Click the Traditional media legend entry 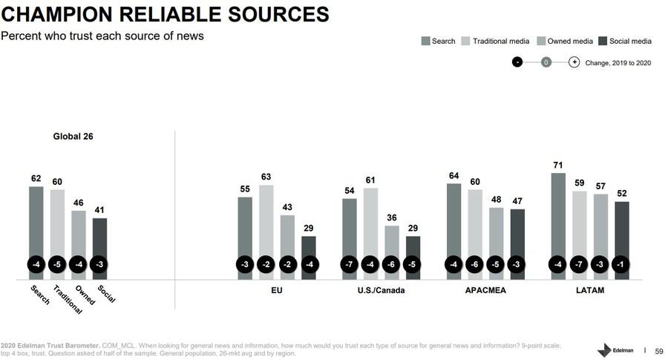[497, 41]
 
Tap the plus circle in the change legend [574, 62]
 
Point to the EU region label [277, 291]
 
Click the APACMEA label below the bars [485, 291]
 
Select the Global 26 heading [72, 137]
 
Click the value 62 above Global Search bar [36, 178]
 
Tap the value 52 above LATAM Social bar [622, 193]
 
